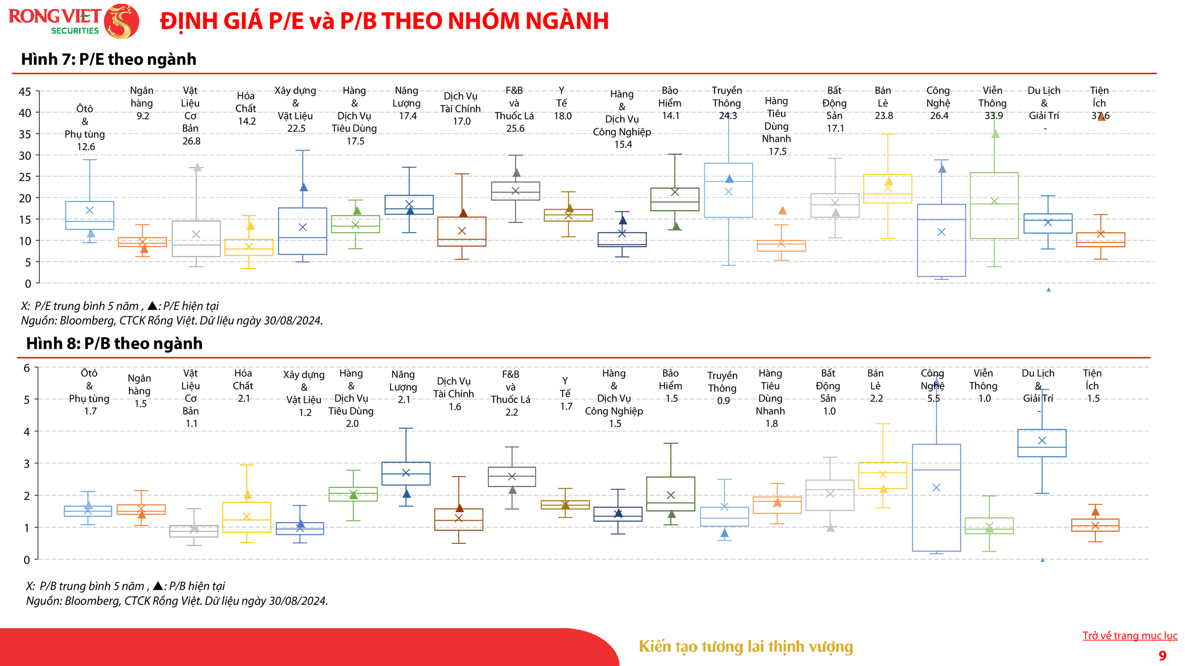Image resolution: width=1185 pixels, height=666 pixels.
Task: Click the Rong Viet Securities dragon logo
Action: pyautogui.click(x=121, y=21)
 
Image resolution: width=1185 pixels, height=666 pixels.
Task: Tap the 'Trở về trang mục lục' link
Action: pyautogui.click(x=1130, y=635)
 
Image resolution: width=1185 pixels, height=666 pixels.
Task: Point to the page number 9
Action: pyautogui.click(x=1162, y=656)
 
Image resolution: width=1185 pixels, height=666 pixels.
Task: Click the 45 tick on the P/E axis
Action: pyautogui.click(x=25, y=91)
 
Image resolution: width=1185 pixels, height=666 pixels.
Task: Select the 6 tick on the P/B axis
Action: pyautogui.click(x=27, y=368)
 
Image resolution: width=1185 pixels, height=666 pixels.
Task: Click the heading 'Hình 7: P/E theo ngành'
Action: pyautogui.click(x=109, y=59)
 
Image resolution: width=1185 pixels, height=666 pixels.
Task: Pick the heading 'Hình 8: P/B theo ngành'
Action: pyautogui.click(x=114, y=343)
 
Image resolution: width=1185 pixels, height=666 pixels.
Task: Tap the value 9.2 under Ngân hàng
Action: pyautogui.click(x=143, y=116)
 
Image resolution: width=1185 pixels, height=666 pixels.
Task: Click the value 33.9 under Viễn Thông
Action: pyautogui.click(x=994, y=116)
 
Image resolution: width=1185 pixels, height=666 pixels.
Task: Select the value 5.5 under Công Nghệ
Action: pyautogui.click(x=933, y=398)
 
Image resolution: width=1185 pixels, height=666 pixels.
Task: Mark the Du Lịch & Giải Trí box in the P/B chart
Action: pyautogui.click(x=1042, y=443)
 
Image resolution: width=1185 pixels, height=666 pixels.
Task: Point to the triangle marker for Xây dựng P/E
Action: pyautogui.click(x=304, y=187)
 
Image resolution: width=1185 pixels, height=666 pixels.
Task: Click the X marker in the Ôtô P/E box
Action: pyautogui.click(x=90, y=210)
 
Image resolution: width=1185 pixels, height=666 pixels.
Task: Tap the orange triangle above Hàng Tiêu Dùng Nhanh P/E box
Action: pyautogui.click(x=783, y=210)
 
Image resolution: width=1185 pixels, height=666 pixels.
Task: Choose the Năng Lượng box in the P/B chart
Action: pyautogui.click(x=406, y=473)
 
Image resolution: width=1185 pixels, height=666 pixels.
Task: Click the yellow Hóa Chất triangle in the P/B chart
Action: pyautogui.click(x=247, y=495)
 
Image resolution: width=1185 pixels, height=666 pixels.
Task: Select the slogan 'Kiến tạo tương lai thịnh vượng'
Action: pyautogui.click(x=746, y=646)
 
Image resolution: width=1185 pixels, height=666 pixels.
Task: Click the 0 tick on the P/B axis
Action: pyautogui.click(x=27, y=560)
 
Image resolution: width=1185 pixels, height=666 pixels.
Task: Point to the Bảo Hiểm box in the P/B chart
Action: pyautogui.click(x=670, y=494)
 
